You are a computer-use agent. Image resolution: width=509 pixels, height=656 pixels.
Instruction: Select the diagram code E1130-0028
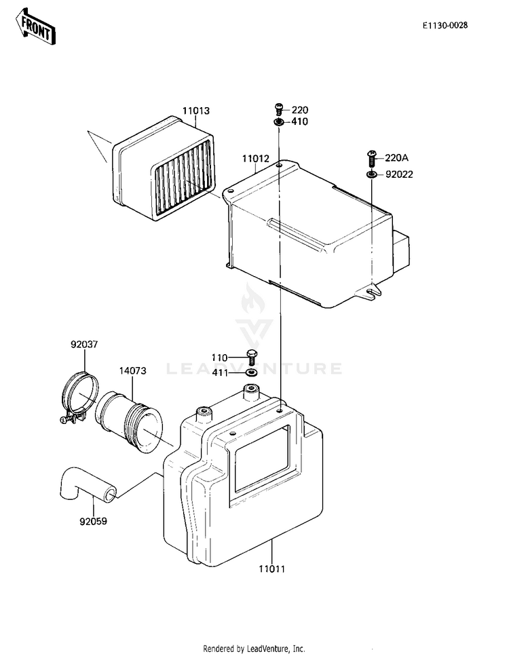coord(445,26)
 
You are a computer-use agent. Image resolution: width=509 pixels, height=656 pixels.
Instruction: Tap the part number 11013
coord(195,111)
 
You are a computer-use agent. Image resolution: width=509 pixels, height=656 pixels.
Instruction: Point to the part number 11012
coord(255,159)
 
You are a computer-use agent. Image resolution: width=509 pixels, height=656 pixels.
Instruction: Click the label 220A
coord(396,158)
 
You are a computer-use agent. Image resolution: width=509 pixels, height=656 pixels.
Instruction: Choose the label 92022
coord(399,174)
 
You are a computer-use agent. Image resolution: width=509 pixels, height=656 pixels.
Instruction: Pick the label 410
coord(299,122)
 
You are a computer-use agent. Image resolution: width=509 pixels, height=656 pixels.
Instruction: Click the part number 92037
coord(84,344)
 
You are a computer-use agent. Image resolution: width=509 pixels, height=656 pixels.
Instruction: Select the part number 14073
coord(133,371)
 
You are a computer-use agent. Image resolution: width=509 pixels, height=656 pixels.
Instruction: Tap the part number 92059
coord(92,522)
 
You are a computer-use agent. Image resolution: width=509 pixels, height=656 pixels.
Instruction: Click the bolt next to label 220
coord(278,108)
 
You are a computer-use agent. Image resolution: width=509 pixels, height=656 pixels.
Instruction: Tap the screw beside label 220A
coord(371,157)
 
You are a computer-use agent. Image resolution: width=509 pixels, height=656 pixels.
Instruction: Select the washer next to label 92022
coord(371,174)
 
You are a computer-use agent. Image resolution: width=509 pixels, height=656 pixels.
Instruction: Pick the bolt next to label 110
coord(252,356)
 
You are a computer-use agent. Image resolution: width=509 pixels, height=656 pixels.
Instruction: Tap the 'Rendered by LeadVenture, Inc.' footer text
coord(254,648)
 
